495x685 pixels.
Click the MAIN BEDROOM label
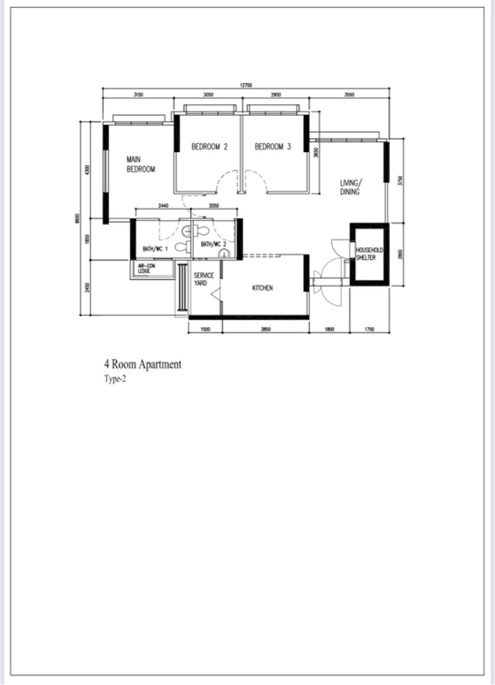[x=140, y=164]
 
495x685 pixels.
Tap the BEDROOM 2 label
[x=209, y=147]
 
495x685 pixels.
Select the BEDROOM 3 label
[x=273, y=147]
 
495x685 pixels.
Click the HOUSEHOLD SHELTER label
[x=369, y=253]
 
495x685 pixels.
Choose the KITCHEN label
[x=262, y=288]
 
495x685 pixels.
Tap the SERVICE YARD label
[x=204, y=279]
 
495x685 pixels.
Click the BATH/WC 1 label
[x=155, y=249]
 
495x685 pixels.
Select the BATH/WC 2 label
[x=213, y=244]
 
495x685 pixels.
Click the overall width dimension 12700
[x=246, y=85]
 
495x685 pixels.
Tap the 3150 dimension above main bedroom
[x=138, y=95]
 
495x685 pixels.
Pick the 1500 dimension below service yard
[x=205, y=330]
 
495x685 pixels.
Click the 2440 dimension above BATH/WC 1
[x=163, y=205]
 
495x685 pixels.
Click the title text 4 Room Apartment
[x=143, y=365]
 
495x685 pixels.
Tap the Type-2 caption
[x=115, y=380]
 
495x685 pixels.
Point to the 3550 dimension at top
[x=350, y=95]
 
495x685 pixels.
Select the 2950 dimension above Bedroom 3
[x=275, y=95]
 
